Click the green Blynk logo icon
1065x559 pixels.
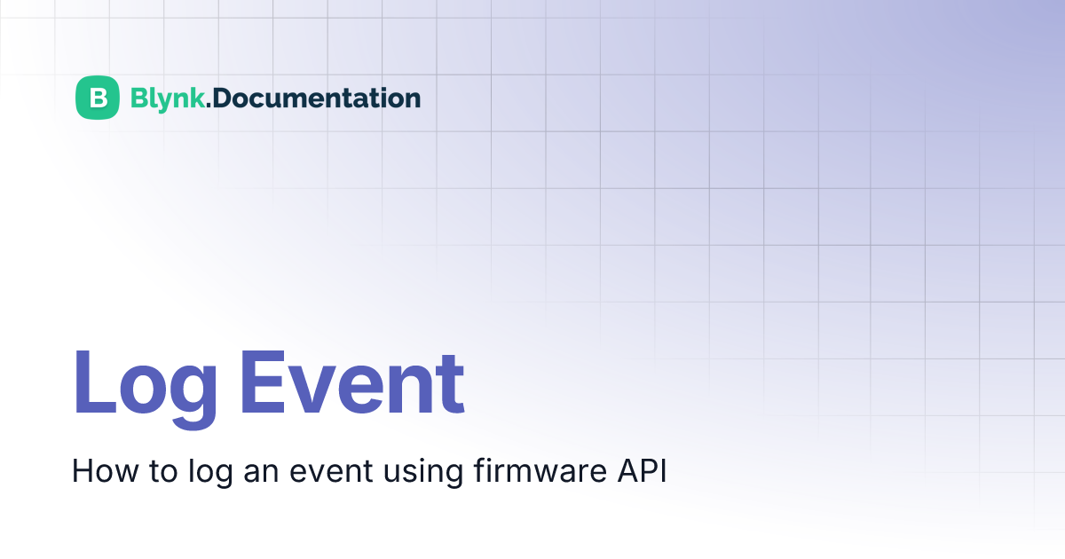click(x=98, y=98)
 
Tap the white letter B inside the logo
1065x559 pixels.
click(x=98, y=98)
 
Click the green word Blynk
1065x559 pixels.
click(x=168, y=98)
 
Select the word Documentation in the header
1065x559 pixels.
click(x=317, y=98)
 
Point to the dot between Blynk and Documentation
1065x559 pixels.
click(x=209, y=106)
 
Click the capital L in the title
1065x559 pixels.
click(x=94, y=382)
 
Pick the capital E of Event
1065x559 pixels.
click(x=263, y=382)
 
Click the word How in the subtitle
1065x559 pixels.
click(x=105, y=471)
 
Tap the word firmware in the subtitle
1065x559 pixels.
click(x=540, y=470)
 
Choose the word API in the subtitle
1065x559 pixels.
click(x=642, y=470)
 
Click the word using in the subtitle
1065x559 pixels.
click(x=423, y=472)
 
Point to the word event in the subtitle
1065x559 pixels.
click(x=331, y=472)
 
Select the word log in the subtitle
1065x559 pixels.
click(x=210, y=472)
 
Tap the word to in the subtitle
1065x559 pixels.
click(x=163, y=472)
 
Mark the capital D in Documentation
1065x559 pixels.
click(x=223, y=98)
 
